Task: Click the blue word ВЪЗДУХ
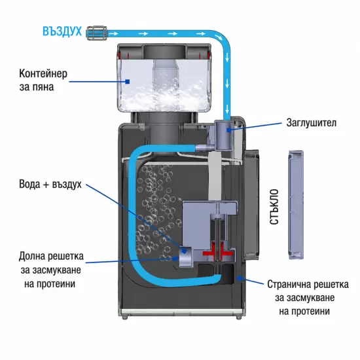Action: coord(62,31)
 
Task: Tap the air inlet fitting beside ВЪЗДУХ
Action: coord(96,33)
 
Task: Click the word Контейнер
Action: coord(43,74)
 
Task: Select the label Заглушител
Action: coord(312,123)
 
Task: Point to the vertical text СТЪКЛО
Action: coord(274,207)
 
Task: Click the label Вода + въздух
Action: coord(50,184)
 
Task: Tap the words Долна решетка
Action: coord(51,256)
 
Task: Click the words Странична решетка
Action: coord(308,285)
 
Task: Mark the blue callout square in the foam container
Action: coord(128,82)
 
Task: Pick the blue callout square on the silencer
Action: coord(228,130)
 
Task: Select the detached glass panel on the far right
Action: coord(296,205)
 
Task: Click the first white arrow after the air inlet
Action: coord(113,34)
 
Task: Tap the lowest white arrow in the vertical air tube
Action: coord(227,109)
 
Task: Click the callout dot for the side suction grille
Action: coord(239,278)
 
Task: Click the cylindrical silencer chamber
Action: coord(224,135)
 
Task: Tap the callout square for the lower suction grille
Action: coord(176,259)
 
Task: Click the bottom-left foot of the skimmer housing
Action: coord(124,317)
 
